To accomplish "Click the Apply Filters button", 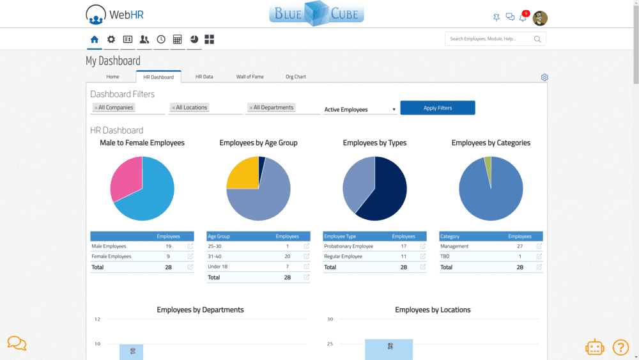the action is [x=437, y=107].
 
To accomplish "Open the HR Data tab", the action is [x=204, y=77].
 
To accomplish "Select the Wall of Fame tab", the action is [x=250, y=77].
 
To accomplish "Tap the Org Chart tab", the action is [x=295, y=77].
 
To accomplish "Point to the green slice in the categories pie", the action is [x=488, y=167].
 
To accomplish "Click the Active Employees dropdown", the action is [x=360, y=109].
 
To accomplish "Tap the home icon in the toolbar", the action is [x=94, y=39].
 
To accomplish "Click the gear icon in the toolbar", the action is [x=111, y=39].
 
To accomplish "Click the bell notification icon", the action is [x=523, y=17].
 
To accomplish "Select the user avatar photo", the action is [x=540, y=18].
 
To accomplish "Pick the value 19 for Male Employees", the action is [x=168, y=246].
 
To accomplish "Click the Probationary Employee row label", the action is [x=348, y=246].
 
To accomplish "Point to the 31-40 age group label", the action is [x=214, y=256].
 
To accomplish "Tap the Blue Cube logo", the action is [x=317, y=13].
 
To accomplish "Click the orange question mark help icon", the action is [x=620, y=347].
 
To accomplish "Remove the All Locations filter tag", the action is [x=173, y=107].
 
